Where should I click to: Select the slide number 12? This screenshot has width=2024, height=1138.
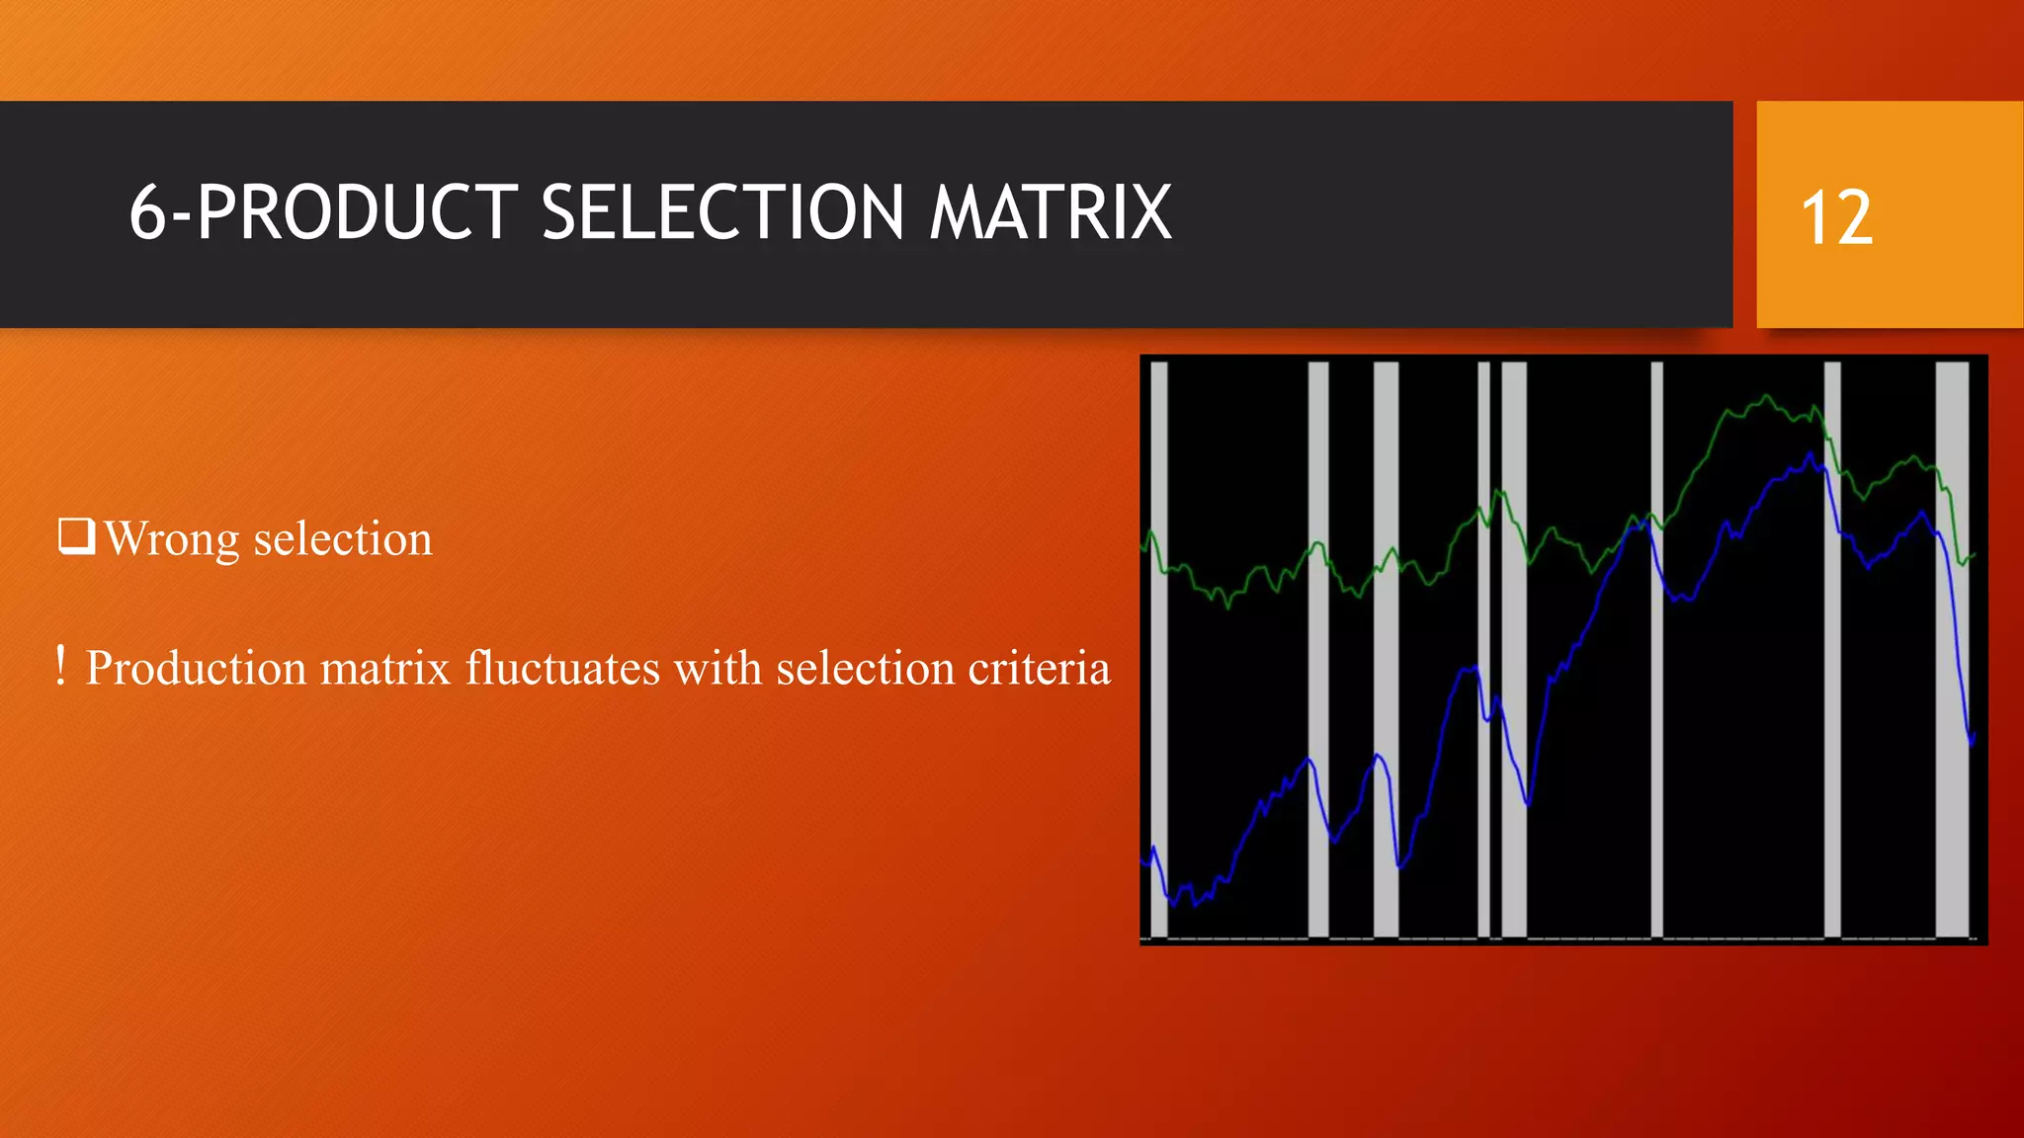[x=1836, y=218]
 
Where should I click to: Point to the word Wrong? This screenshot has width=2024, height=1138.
[x=171, y=540]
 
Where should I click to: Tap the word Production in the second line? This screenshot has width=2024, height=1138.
[x=196, y=669]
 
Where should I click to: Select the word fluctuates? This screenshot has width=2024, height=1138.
[x=562, y=669]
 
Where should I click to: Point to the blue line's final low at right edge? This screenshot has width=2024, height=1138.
[x=1972, y=741]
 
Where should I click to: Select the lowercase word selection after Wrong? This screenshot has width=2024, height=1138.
[x=343, y=540]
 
